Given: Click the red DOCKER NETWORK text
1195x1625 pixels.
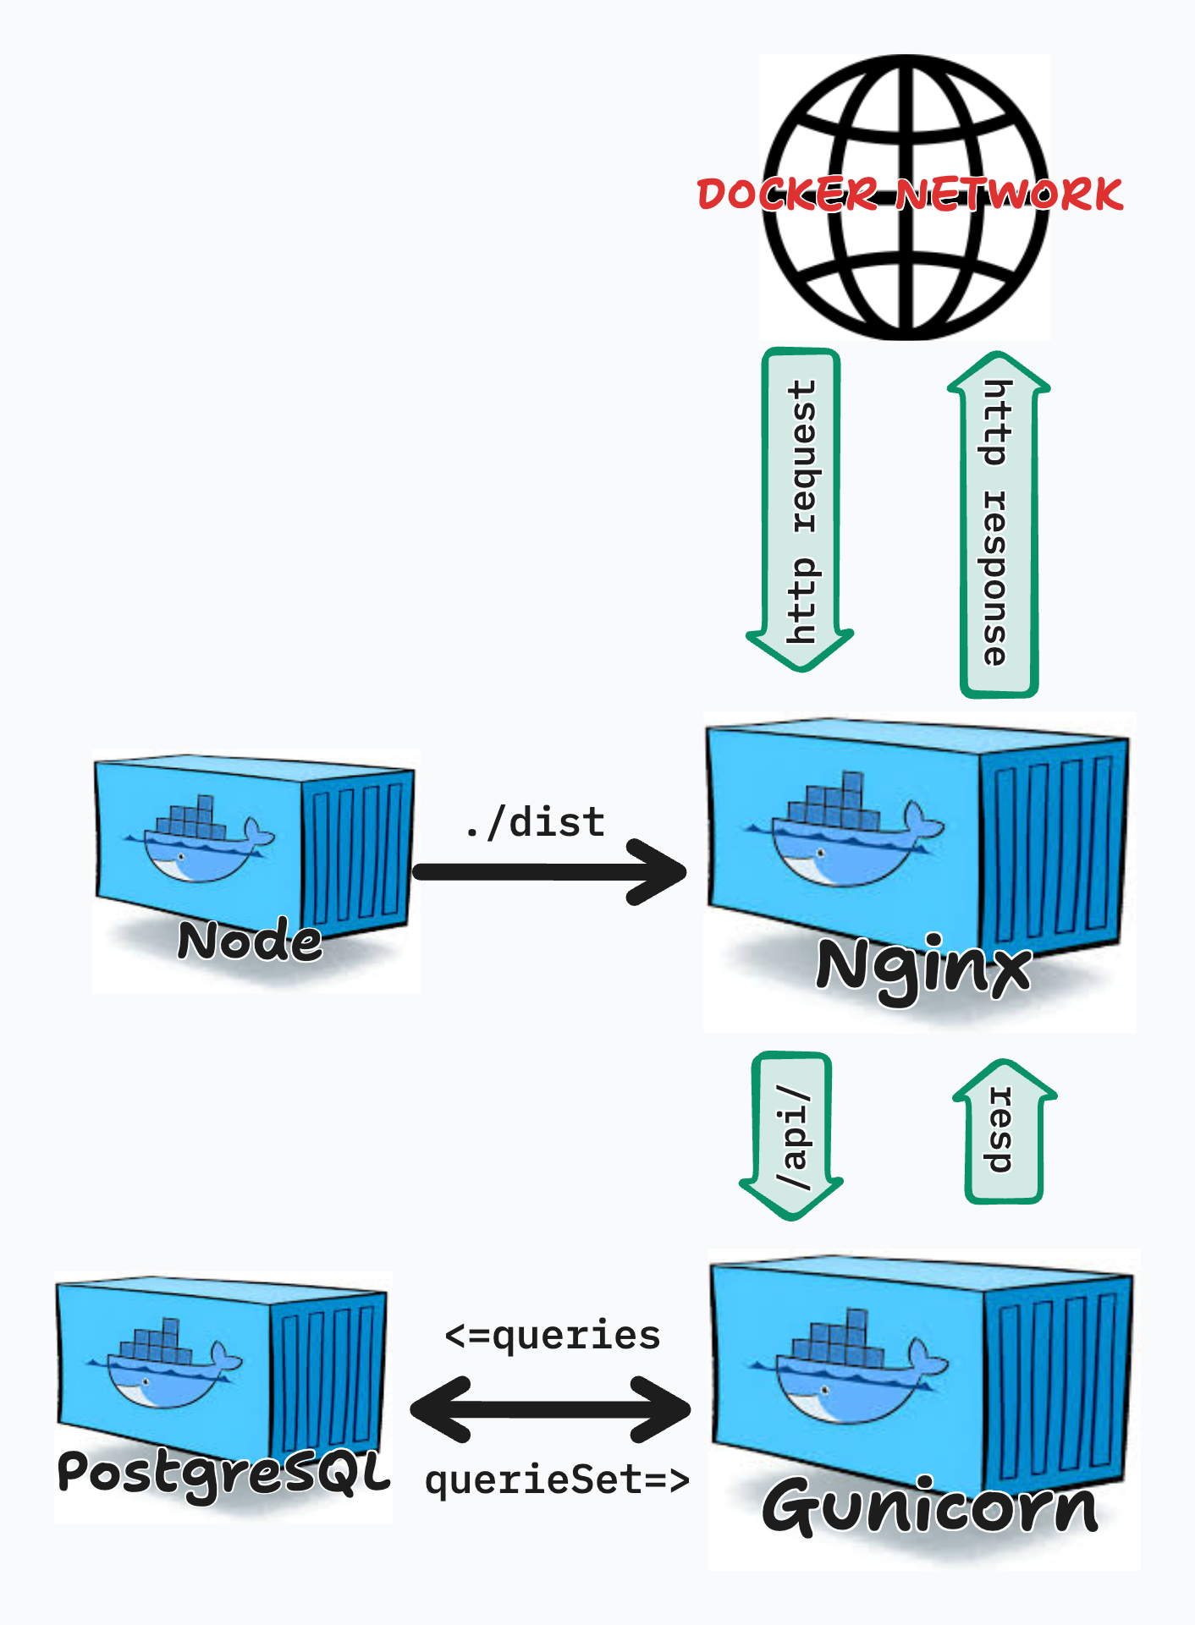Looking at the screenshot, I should (910, 195).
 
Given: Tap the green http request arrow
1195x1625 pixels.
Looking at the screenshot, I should (801, 508).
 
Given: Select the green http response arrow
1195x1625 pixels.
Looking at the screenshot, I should (999, 524).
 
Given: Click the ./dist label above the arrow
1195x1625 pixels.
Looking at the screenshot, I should (536, 822).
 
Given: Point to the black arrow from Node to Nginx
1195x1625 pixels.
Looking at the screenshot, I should (550, 872).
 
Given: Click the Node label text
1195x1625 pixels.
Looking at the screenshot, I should (250, 941).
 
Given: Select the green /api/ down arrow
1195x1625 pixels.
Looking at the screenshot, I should (792, 1134).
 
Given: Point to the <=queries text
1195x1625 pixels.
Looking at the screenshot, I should (552, 1336).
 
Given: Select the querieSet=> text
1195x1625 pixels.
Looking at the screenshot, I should (557, 1480).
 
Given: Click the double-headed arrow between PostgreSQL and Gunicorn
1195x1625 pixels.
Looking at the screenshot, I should (550, 1408).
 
